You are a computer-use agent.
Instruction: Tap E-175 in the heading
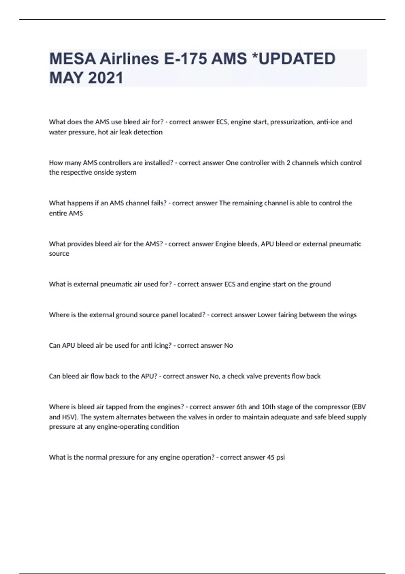[x=185, y=59]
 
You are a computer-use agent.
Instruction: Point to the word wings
[x=347, y=315]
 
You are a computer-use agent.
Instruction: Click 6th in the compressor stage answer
[x=241, y=407]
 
